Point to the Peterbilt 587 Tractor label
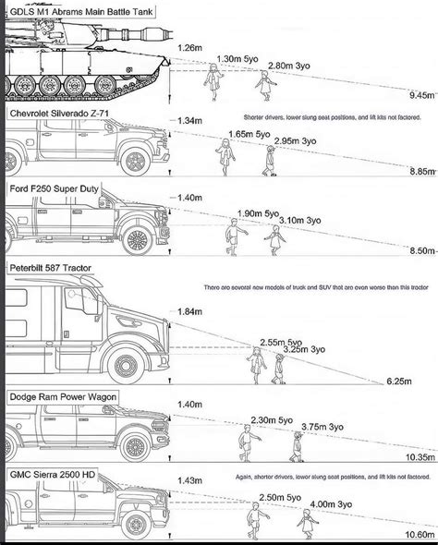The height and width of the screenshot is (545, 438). [57, 268]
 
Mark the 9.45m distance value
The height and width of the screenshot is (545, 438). [420, 94]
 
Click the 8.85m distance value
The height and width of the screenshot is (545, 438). [420, 171]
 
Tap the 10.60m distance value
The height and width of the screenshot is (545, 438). [418, 533]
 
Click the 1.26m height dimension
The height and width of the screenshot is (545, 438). [189, 47]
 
